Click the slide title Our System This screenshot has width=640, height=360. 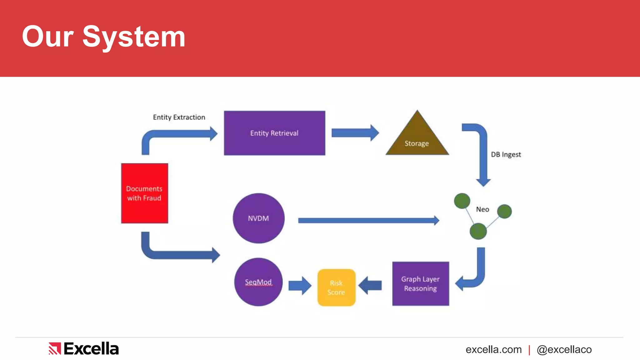click(x=103, y=37)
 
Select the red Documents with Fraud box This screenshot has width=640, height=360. click(x=144, y=193)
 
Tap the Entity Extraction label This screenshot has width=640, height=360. click(x=179, y=117)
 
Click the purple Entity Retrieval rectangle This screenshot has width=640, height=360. click(x=274, y=133)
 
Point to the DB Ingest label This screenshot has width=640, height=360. click(x=506, y=154)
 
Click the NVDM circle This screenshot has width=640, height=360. click(x=258, y=218)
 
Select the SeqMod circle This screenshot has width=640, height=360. click(x=258, y=282)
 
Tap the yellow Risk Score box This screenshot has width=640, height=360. click(x=336, y=287)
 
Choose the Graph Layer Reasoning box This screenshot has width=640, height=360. click(x=420, y=283)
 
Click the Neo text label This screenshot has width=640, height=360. click(x=482, y=209)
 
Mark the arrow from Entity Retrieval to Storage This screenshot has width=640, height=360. click(x=355, y=133)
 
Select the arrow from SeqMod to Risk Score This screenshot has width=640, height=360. click(x=299, y=285)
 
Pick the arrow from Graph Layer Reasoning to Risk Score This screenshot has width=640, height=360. click(x=370, y=285)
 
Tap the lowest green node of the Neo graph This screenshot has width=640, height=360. click(x=478, y=231)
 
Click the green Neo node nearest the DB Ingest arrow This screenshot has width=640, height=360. click(x=462, y=201)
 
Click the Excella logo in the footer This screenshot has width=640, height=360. click(x=84, y=348)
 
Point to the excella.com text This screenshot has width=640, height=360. click(x=493, y=349)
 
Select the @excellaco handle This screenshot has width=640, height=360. click(x=564, y=349)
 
